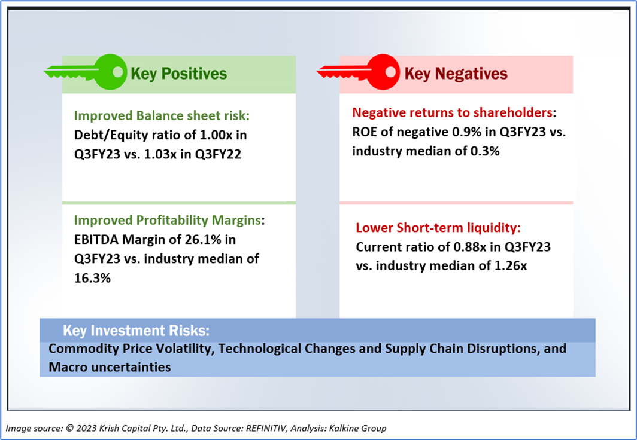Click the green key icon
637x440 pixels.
click(87, 73)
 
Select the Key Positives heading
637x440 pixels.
click(179, 74)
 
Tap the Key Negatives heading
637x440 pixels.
click(456, 74)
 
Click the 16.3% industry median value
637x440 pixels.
click(92, 277)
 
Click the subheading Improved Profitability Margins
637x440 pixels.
click(168, 221)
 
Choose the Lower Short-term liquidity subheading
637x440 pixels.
click(438, 228)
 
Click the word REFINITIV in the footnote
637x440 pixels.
click(260, 429)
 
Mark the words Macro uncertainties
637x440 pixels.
click(110, 366)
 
